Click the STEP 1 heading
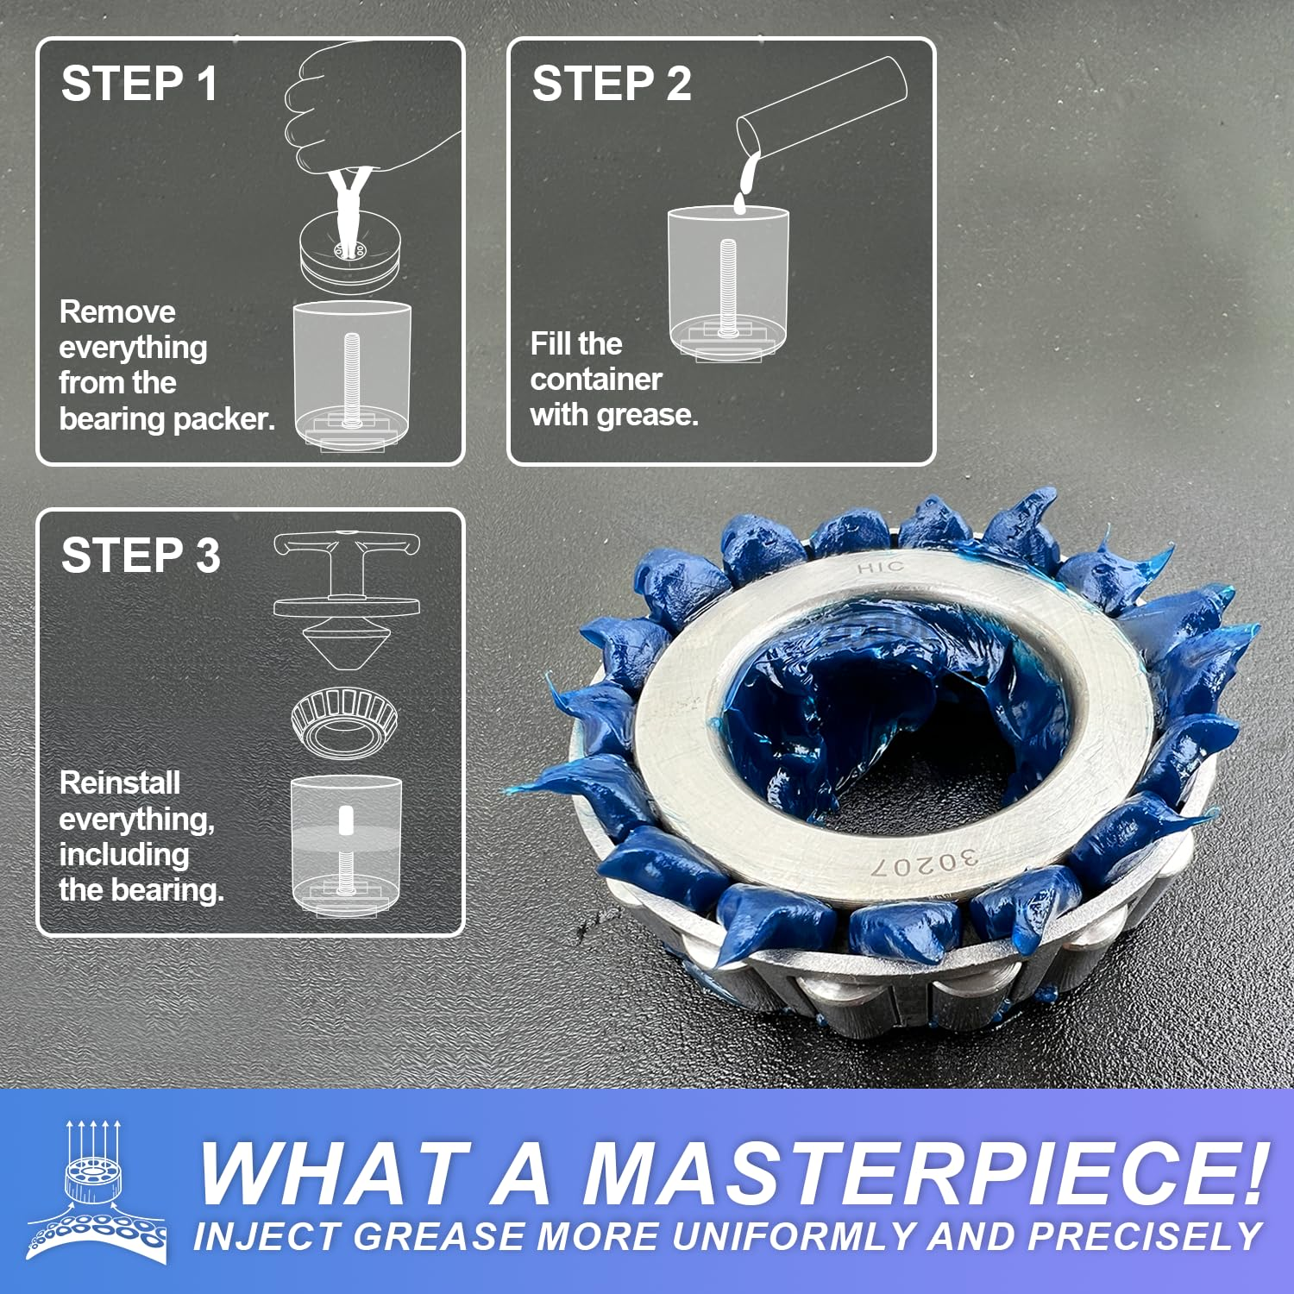pos(139,85)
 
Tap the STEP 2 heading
pos(611,85)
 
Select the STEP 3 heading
pos(141,556)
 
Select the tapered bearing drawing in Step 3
pos(344,721)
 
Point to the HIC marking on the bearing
pos(881,567)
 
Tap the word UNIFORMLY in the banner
pos(793,1237)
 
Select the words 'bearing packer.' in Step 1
pos(167,419)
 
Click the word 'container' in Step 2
pos(596,380)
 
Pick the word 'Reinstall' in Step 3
pos(120,783)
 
